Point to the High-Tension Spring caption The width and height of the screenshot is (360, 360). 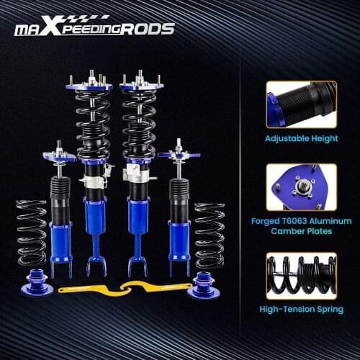coord(301,310)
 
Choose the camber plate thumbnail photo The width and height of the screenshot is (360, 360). coord(301,189)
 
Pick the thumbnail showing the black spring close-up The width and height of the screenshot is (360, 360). coord(301,276)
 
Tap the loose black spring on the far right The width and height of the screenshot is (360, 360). coord(210,234)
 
